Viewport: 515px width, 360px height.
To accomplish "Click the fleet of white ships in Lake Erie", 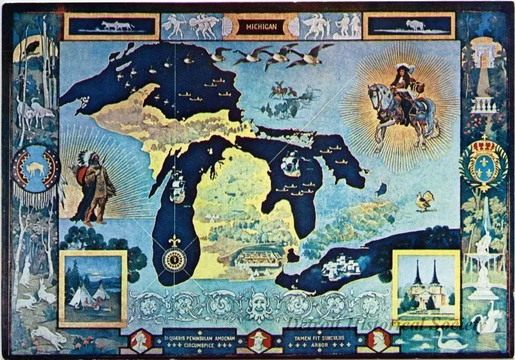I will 333,267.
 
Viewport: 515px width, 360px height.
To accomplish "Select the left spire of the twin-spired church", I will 417,274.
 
